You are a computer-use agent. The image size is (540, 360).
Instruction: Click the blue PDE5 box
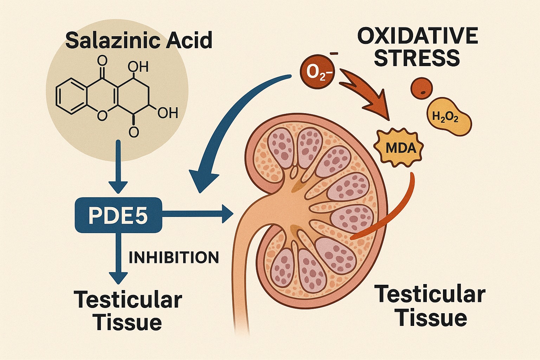[118, 215]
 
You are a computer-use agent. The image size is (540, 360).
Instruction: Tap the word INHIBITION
[174, 258]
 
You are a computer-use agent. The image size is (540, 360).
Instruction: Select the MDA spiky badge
[400, 148]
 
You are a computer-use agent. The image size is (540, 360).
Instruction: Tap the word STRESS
[417, 58]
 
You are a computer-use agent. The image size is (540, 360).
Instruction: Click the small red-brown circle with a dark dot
[422, 88]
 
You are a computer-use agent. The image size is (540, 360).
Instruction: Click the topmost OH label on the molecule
[138, 66]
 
